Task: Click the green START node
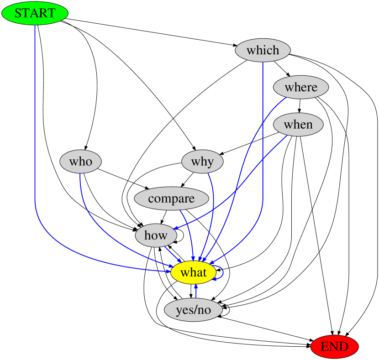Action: pyautogui.click(x=35, y=13)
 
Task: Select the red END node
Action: pyautogui.click(x=334, y=347)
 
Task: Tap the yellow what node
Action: pyautogui.click(x=193, y=273)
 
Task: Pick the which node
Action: pyautogui.click(x=263, y=50)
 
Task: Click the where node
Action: pyautogui.click(x=300, y=87)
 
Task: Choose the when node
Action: pyautogui.click(x=298, y=125)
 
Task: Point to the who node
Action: pyautogui.click(x=80, y=162)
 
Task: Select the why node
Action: pyautogui.click(x=202, y=162)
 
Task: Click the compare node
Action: pyautogui.click(x=171, y=199)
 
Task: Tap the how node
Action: pyautogui.click(x=156, y=236)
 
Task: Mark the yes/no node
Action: pyautogui.click(x=193, y=310)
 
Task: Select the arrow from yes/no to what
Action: pyautogui.click(x=196, y=292)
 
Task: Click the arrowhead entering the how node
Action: pyautogui.click(x=176, y=227)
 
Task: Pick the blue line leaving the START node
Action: pyautogui.click(x=35, y=137)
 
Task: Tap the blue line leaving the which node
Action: pyautogui.click(x=263, y=137)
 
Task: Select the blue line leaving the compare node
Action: pyautogui.click(x=188, y=228)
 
